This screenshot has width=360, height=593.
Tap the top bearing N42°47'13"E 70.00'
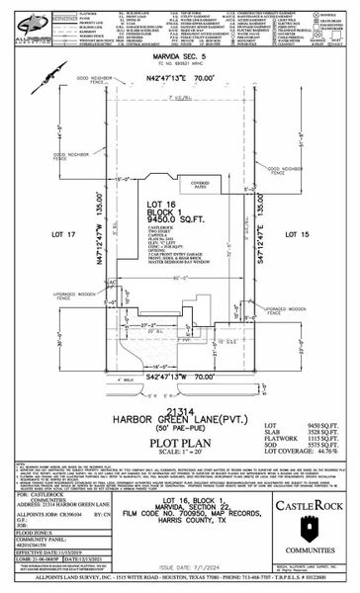tap(178, 74)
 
